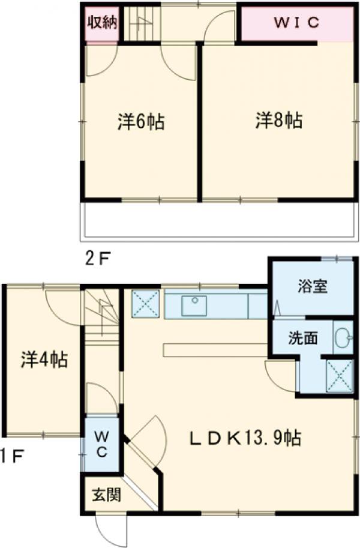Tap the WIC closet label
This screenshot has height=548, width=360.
point(298,23)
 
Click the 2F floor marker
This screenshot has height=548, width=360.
point(97,259)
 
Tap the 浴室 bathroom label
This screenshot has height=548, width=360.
point(312,286)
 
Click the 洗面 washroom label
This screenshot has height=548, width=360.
point(304,338)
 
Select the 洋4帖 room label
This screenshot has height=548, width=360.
point(44,360)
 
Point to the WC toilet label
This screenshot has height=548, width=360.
point(101,445)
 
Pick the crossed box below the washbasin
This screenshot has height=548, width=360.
point(339,376)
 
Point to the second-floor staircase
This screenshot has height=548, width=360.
point(142,23)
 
